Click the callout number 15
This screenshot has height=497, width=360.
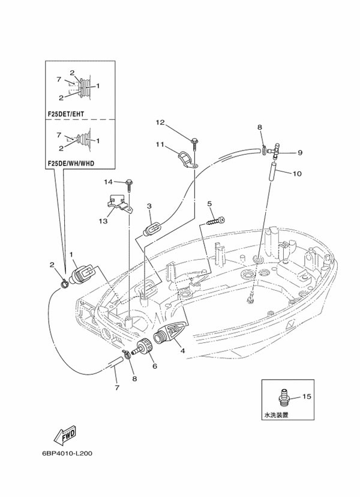(x=307, y=396)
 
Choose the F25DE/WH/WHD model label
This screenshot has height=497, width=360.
(x=71, y=162)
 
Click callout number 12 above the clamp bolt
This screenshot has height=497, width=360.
(x=160, y=123)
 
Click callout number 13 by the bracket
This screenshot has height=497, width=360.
(x=103, y=221)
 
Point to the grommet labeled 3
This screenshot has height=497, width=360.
(x=152, y=228)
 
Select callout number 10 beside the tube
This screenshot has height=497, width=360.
(x=297, y=174)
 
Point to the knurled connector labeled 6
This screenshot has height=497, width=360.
(x=143, y=348)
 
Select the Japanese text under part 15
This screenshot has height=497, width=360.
(x=275, y=414)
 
